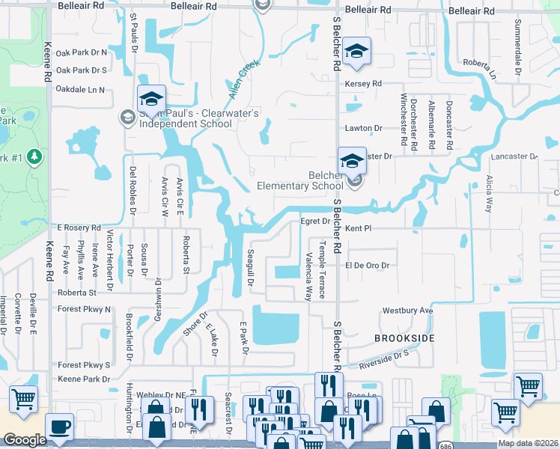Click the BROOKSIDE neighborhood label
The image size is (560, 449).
coord(404,339)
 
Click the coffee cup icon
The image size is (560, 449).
coord(59,427)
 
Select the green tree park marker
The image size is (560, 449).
coord(33,156)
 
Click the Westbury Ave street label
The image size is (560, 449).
coord(408,310)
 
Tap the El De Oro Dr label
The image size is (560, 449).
coord(368,266)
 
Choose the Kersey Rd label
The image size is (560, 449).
coord(363,84)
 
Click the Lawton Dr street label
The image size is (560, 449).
coord(363,129)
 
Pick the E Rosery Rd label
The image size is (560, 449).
coord(79,227)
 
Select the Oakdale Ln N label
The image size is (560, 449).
coord(80,90)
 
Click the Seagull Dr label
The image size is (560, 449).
coord(252,267)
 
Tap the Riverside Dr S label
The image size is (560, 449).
coord(384,360)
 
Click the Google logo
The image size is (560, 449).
coord(25,440)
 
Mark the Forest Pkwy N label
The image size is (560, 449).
coord(84,309)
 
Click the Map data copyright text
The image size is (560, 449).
coord(527,443)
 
